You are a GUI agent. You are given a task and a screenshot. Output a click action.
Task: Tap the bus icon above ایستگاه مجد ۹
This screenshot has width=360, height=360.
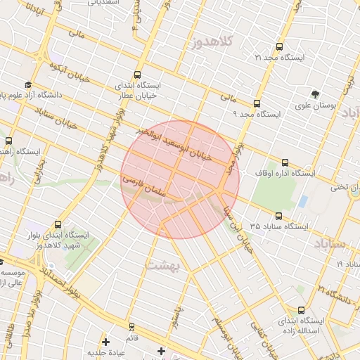258,102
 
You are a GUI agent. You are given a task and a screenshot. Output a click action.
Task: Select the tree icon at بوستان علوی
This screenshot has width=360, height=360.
314,94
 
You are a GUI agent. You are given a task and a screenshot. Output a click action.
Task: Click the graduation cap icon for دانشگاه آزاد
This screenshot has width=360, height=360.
28,84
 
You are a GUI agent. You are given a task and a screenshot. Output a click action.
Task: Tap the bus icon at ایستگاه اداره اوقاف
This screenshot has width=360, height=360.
285,162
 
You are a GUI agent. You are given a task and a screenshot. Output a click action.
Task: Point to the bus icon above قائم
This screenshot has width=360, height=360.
131,327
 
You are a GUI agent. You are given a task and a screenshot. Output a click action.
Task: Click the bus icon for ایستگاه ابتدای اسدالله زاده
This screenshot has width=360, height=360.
302,310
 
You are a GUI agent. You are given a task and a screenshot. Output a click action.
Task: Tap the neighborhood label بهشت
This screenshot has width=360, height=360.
164,266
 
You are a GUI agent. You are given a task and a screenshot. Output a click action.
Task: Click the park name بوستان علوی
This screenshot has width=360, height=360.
335,105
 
